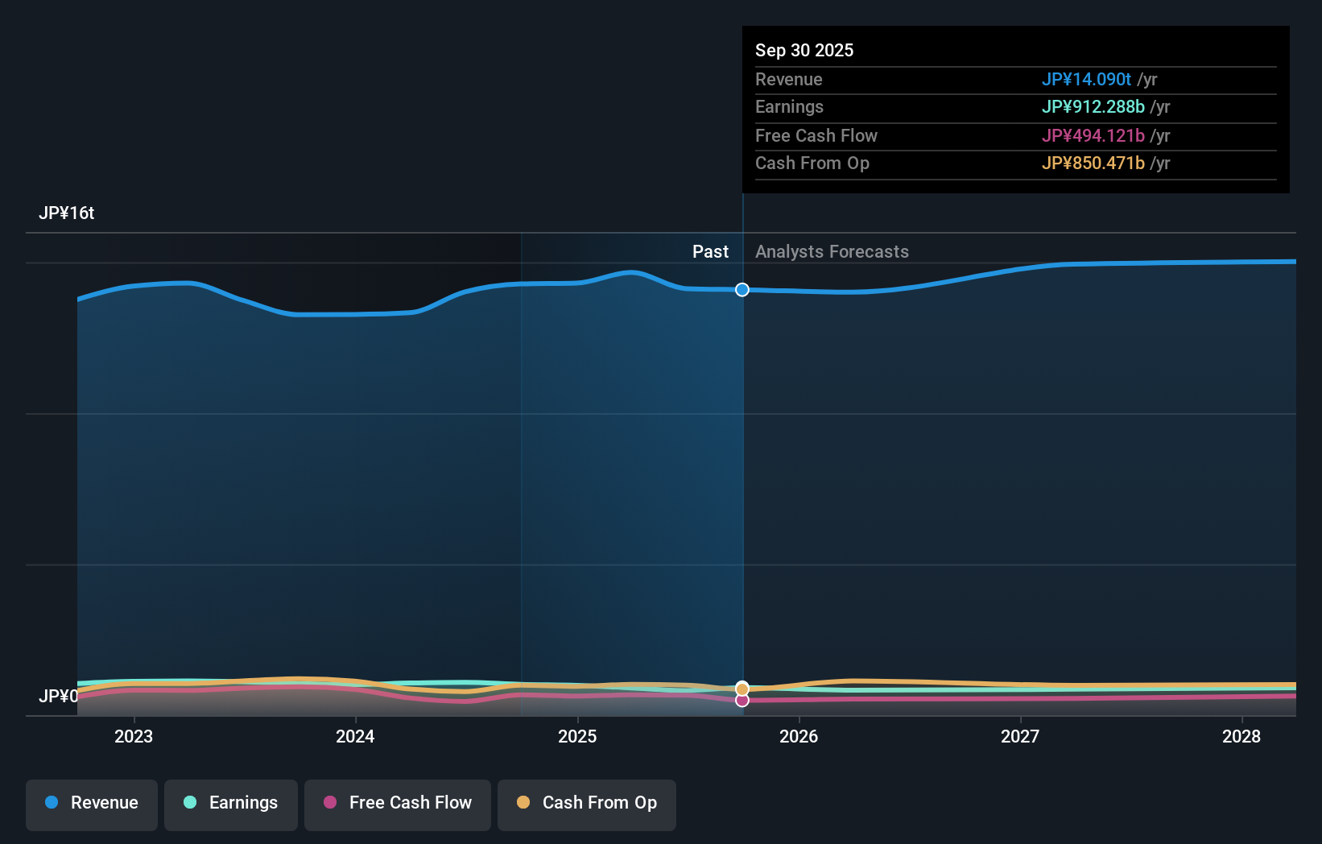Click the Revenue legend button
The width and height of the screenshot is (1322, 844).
tap(92, 804)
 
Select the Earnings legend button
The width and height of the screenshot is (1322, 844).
tap(231, 804)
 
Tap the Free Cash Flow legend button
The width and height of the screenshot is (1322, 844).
tap(398, 804)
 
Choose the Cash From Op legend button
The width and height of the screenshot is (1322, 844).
tap(587, 804)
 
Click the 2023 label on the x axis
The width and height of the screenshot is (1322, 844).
tap(134, 737)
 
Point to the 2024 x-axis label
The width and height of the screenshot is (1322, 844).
tap(355, 737)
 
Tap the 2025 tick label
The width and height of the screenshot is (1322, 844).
tap(577, 737)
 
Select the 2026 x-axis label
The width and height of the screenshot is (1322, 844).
tap(799, 737)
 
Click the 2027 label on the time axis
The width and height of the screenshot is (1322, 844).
tap(1020, 737)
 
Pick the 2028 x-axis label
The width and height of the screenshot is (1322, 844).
tap(1241, 737)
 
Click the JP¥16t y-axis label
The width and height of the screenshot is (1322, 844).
tap(67, 213)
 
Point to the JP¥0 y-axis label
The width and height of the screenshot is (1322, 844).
tap(58, 697)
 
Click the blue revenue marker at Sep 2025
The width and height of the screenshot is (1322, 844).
tap(742, 290)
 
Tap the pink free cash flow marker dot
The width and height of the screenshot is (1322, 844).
tap(742, 701)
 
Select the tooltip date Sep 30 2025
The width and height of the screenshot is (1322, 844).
tap(804, 51)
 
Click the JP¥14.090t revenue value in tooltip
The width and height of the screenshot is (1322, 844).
tap(1086, 80)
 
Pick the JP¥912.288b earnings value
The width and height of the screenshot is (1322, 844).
tap(1093, 107)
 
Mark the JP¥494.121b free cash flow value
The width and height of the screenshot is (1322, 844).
tap(1093, 136)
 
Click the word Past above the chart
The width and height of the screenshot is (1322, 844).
tap(710, 252)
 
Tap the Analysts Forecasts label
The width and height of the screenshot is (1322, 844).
tap(832, 252)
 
